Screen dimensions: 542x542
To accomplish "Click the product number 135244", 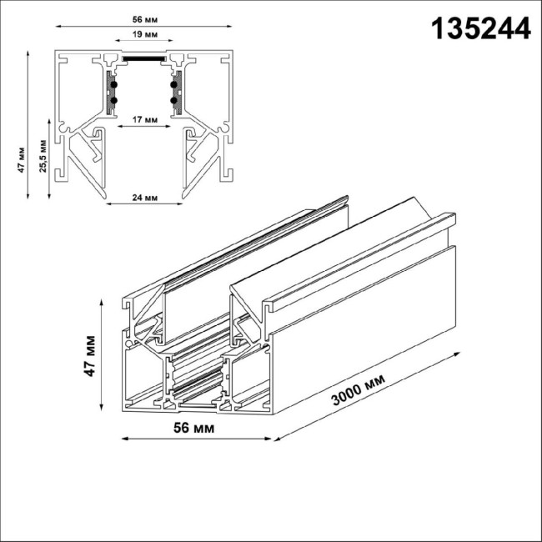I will pos(479,28).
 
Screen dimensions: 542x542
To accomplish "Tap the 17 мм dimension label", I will pos(145,119).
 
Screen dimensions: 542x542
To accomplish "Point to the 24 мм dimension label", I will pos(145,198).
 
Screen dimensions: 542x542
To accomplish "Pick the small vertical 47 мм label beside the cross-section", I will pos(22,158).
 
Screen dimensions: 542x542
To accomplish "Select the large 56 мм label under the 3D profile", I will pos(194,429).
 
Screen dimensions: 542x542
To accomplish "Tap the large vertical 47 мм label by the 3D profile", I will pos(90,356).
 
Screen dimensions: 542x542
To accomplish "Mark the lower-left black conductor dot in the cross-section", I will pos(114,100).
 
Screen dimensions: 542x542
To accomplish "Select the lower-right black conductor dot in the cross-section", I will pos(175,100).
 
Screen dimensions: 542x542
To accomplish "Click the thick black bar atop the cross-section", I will pos(145,59).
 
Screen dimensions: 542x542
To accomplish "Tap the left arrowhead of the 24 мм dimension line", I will pos(108,204).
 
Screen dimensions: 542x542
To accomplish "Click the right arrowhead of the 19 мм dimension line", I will pos(172,44).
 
